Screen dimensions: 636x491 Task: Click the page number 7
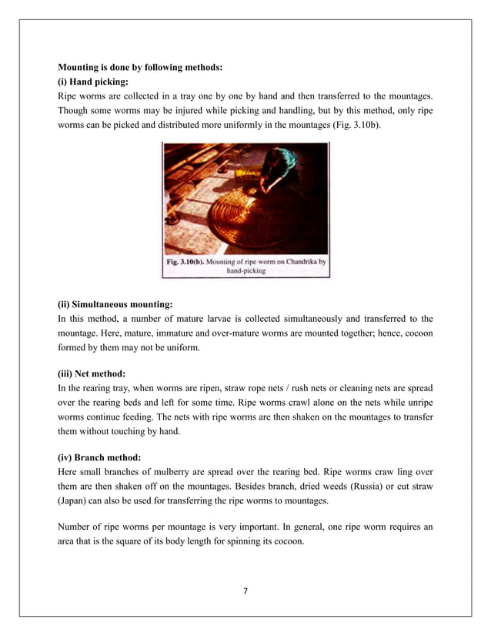245,591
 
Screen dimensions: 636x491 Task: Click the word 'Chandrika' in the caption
296,261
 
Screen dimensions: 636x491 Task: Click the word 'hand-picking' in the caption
247,271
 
